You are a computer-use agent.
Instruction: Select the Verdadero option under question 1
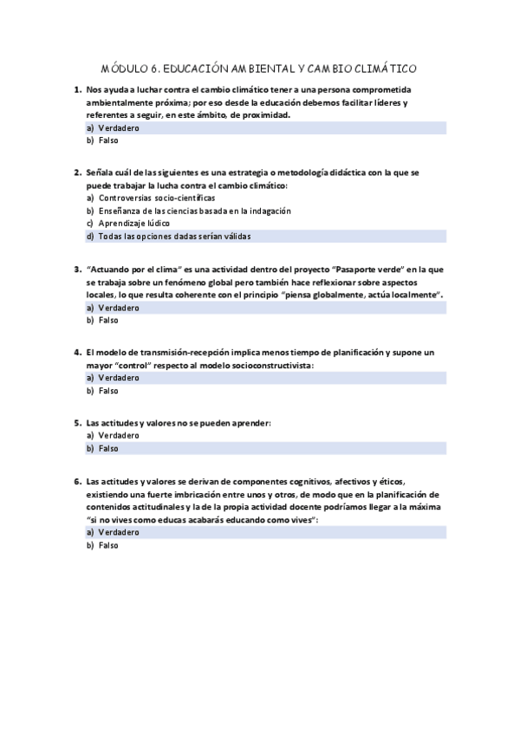119,127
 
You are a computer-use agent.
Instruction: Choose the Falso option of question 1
108,140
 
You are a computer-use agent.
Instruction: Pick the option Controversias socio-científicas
144,198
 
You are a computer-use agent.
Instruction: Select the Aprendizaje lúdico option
133,223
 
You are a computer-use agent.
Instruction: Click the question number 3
77,270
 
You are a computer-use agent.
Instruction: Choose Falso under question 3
108,320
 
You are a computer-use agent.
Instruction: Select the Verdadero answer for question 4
119,378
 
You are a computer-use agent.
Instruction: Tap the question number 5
77,423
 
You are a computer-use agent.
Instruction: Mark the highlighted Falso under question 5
108,449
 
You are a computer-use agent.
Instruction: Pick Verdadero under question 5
119,435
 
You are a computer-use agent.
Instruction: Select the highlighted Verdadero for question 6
119,531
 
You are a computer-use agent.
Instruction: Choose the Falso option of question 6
108,545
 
